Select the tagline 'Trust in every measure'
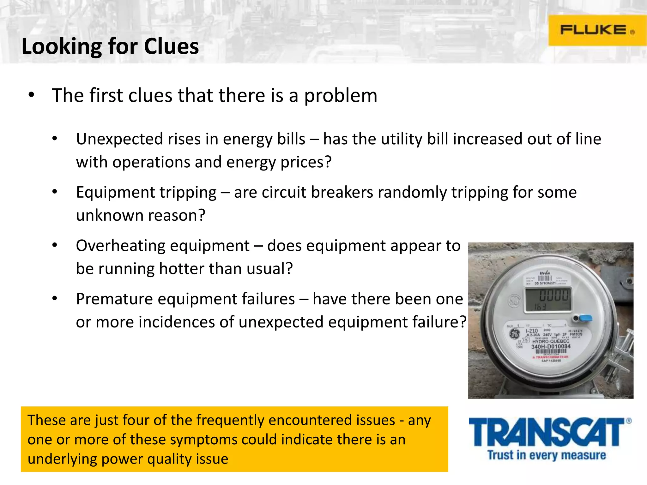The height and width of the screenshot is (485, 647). (x=547, y=455)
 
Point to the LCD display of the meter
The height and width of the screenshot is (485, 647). (x=548, y=300)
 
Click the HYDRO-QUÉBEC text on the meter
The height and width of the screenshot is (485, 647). (x=551, y=341)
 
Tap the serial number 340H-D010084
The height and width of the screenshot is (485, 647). (x=551, y=347)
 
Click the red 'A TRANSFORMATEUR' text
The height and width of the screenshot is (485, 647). (x=550, y=357)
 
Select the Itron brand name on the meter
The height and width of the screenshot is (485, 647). (x=545, y=273)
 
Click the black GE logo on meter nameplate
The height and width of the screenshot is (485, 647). (x=515, y=334)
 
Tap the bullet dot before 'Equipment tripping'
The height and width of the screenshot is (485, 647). (x=55, y=192)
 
